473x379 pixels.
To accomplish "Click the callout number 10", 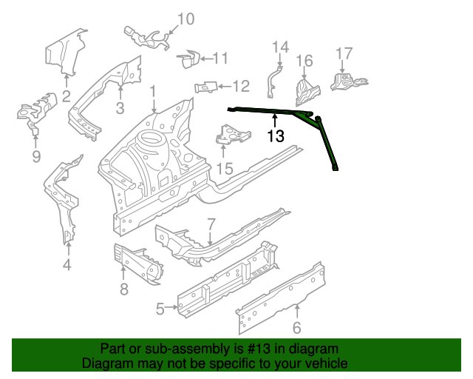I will (x=186, y=19).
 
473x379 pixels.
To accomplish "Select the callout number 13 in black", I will (x=276, y=136).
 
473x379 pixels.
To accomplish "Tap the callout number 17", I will (x=344, y=53).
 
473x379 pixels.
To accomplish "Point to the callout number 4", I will (x=67, y=265).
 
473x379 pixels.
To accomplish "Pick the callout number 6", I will (x=297, y=328).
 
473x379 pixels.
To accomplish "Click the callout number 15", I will (x=224, y=169).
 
